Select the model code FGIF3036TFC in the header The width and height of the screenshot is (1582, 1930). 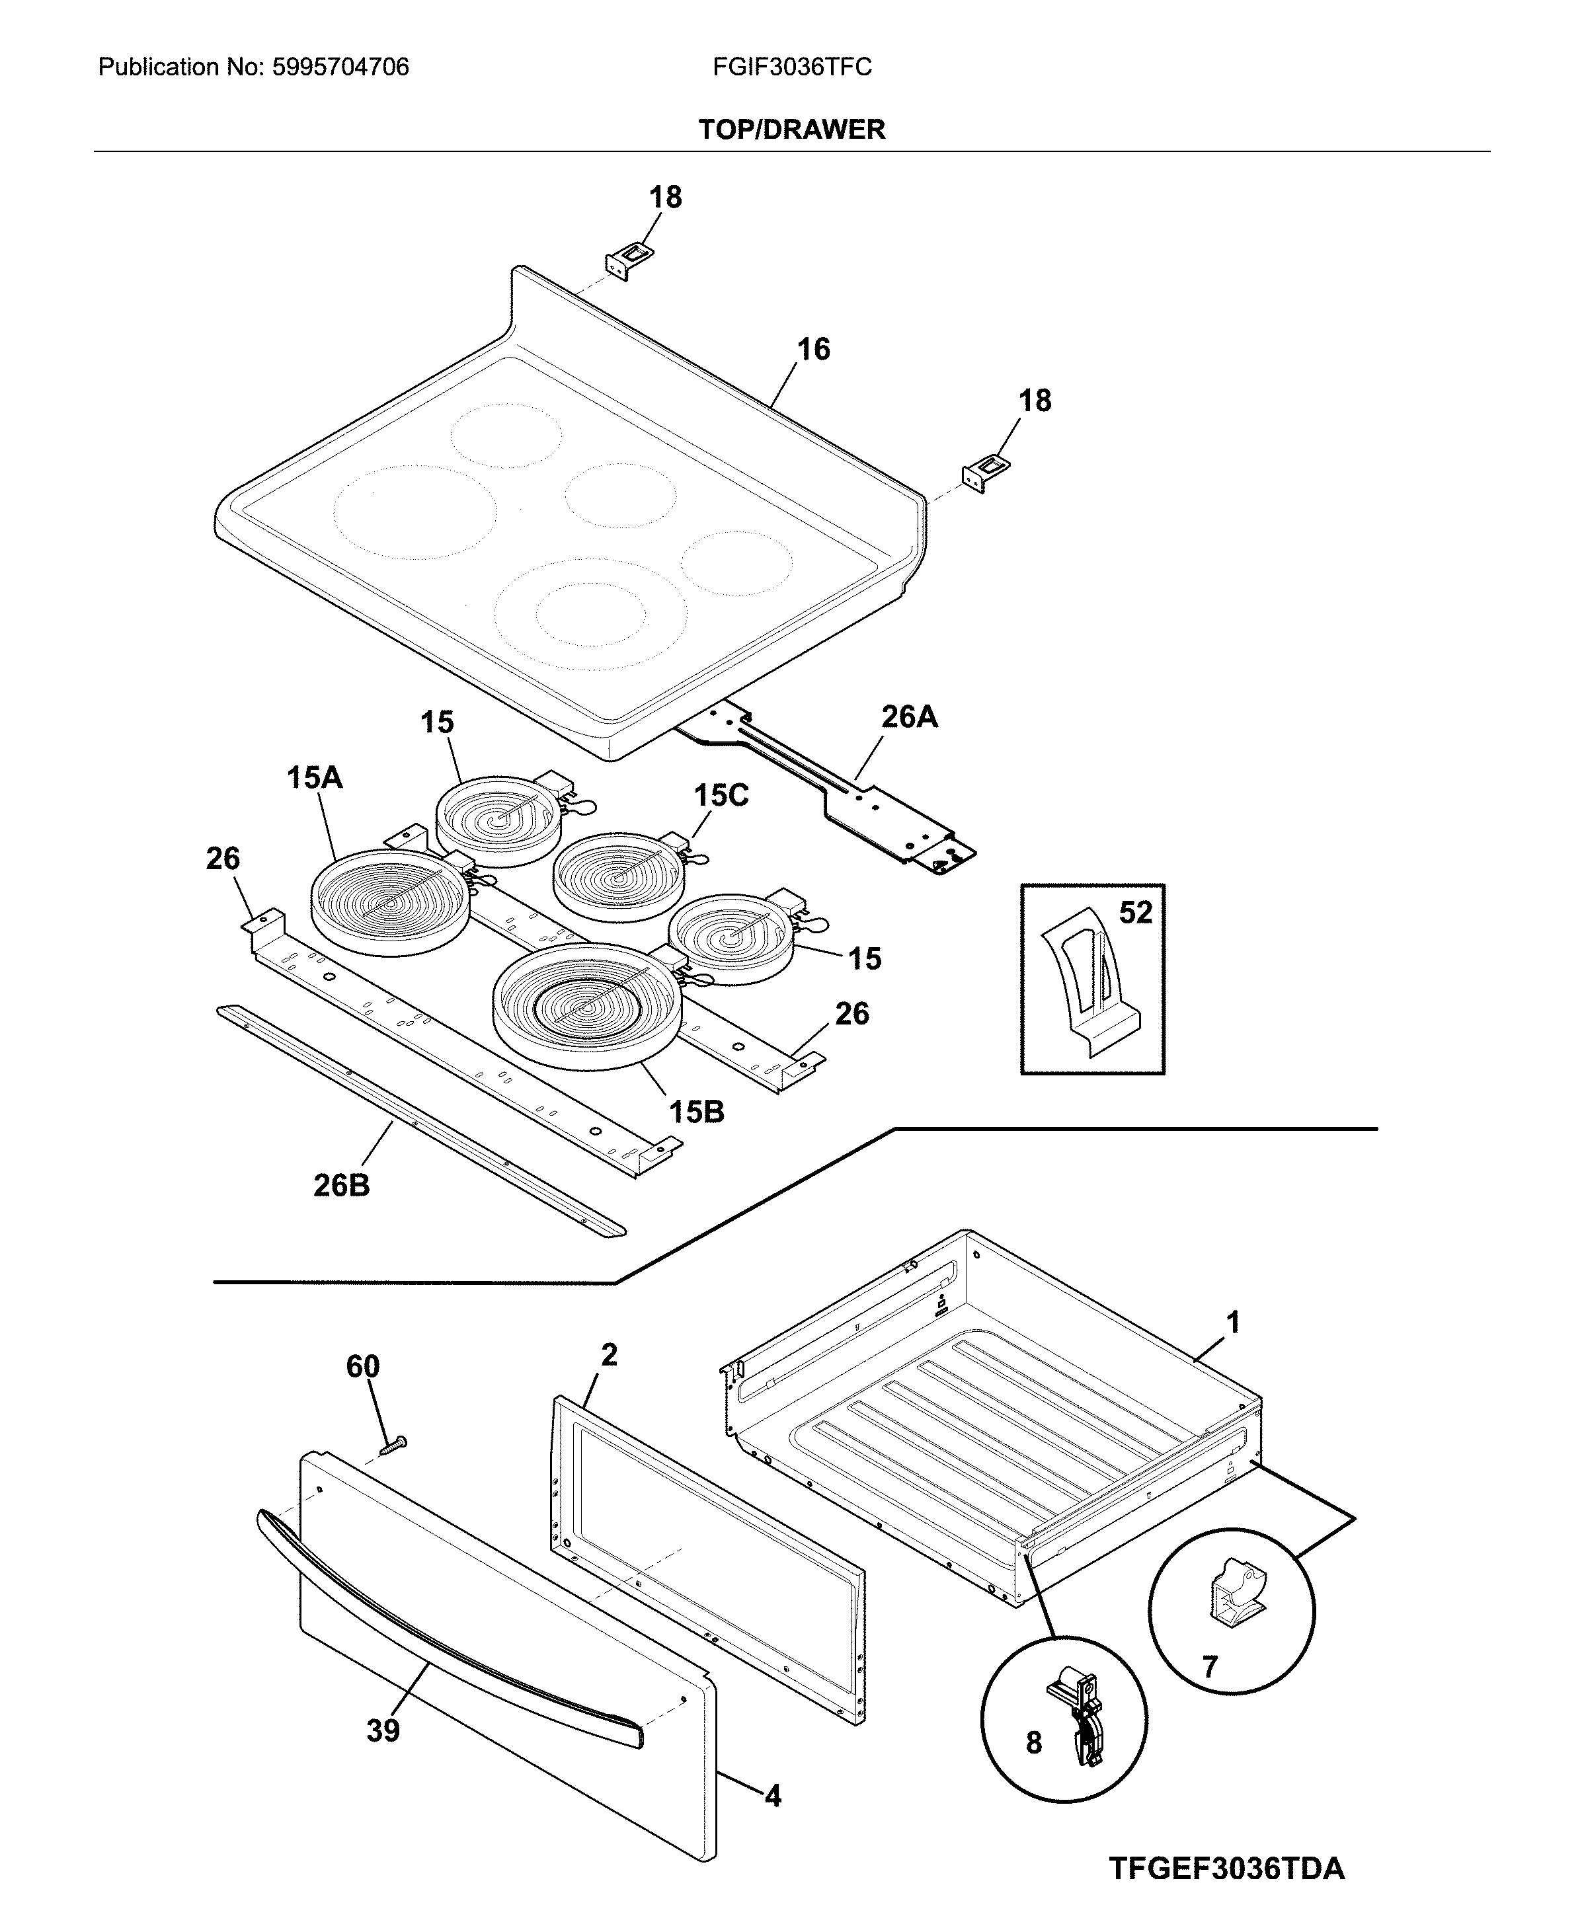point(792,67)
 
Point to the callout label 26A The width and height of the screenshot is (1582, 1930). point(908,717)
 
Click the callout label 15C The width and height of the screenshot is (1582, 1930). point(721,796)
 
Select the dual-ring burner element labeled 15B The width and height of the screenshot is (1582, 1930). point(586,1005)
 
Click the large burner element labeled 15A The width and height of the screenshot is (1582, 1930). point(391,903)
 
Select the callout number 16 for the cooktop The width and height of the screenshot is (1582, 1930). point(813,349)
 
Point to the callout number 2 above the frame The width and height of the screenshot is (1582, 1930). point(609,1355)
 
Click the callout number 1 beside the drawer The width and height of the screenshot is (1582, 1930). point(1232,1322)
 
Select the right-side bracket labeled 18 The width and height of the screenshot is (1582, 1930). point(985,473)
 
